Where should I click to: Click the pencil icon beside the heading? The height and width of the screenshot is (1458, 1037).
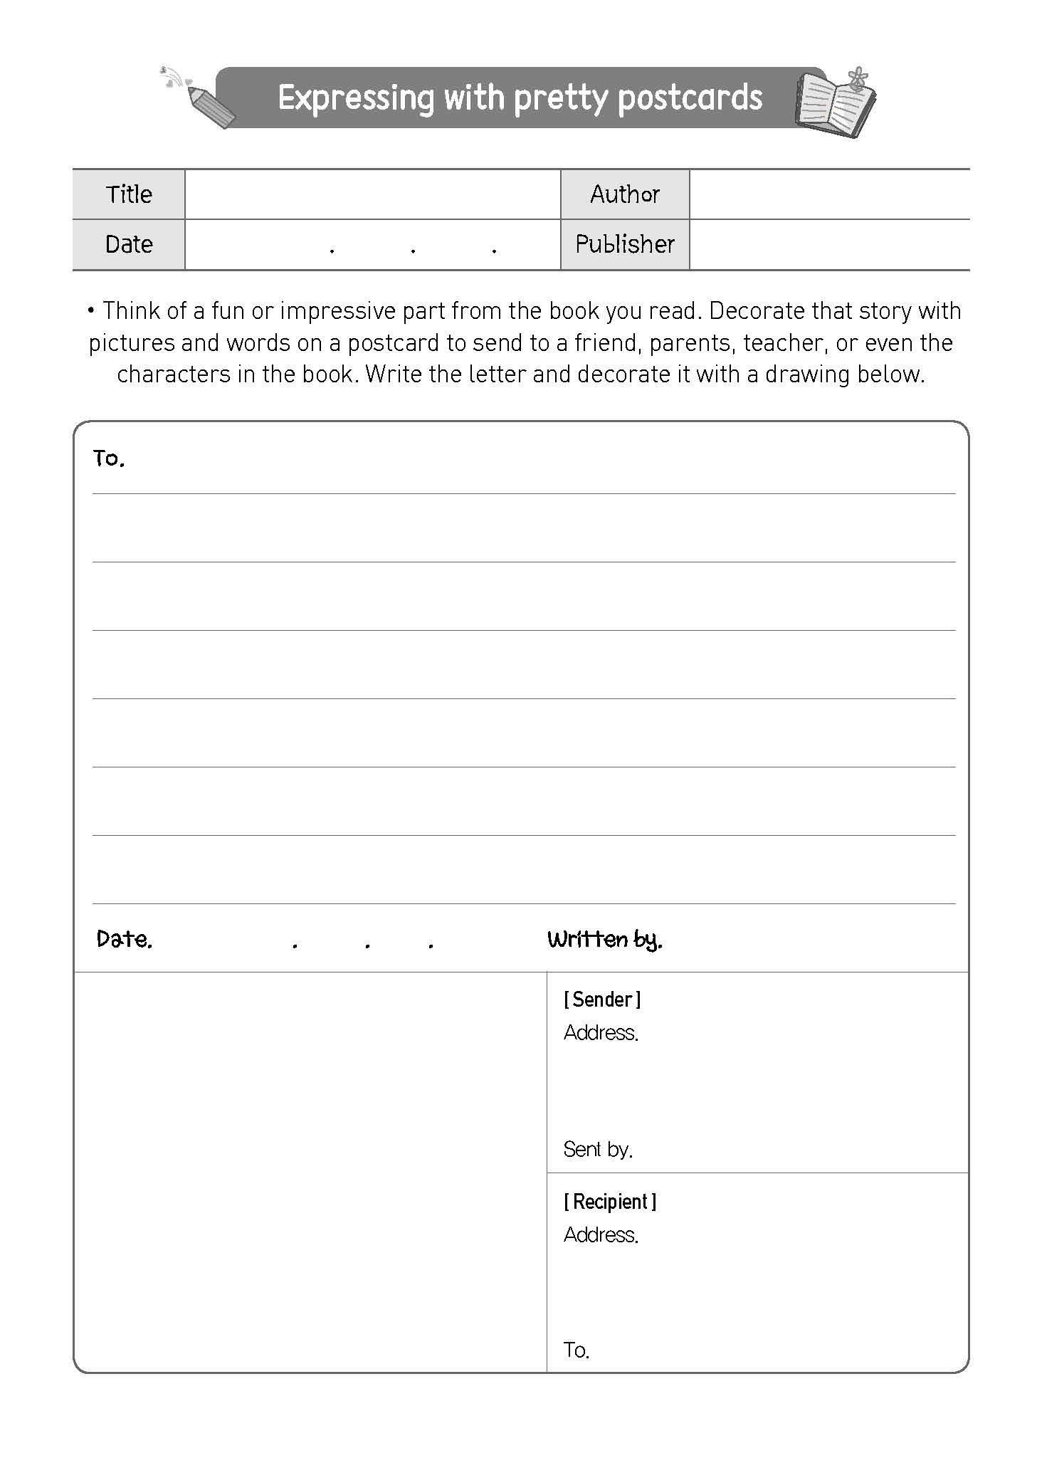[210, 106]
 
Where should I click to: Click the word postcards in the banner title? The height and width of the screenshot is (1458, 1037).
[690, 98]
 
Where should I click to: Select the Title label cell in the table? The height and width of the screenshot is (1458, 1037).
[129, 194]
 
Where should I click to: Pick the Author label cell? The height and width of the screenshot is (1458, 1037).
[624, 194]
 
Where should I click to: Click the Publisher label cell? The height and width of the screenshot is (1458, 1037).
[624, 244]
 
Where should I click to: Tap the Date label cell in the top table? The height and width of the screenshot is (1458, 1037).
[129, 244]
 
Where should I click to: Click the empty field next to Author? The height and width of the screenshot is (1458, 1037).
[828, 194]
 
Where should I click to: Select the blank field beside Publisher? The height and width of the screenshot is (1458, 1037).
[828, 244]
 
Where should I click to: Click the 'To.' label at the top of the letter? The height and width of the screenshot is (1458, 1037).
[109, 458]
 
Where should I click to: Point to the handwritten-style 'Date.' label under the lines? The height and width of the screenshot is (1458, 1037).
[125, 940]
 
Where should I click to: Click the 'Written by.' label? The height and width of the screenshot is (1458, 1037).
[604, 940]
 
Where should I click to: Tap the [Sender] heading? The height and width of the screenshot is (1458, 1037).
[602, 1000]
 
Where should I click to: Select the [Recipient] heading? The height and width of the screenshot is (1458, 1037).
[610, 1202]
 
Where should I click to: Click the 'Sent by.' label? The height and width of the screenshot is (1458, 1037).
[598, 1149]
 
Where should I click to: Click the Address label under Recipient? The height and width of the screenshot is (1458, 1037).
[601, 1234]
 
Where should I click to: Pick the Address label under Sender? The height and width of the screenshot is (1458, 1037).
[601, 1032]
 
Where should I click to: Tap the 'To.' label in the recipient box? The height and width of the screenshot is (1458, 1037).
[576, 1350]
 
